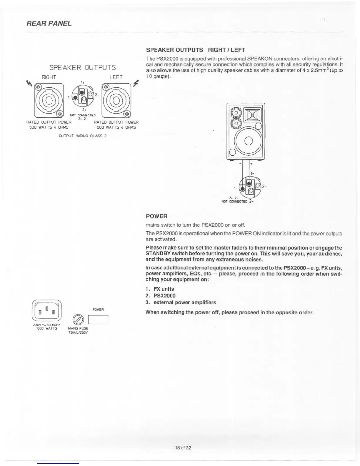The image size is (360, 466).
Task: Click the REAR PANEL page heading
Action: pos(49,23)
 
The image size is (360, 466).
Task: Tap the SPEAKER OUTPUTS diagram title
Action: pos(82,68)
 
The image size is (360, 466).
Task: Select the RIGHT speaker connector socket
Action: pos(49,100)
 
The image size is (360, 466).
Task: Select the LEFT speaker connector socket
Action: pos(116,100)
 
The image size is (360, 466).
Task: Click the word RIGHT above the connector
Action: pos(49,77)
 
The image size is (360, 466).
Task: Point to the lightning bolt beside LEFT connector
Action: pos(136,83)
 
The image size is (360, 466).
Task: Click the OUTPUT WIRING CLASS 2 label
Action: pos(83,136)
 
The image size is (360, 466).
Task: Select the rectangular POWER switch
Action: pos(98,319)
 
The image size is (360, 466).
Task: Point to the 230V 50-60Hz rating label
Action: pos(47,327)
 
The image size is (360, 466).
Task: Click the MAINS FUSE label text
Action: pos(78,328)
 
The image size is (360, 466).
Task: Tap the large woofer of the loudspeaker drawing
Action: pos(248,140)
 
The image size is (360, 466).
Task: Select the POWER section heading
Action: pos(157,217)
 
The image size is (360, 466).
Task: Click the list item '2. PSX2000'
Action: pos(161,296)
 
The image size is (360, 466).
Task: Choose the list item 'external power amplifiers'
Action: pos(185,302)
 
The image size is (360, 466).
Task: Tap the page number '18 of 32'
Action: pos(183,448)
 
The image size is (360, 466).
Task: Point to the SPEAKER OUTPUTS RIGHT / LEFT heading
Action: pos(196,50)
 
